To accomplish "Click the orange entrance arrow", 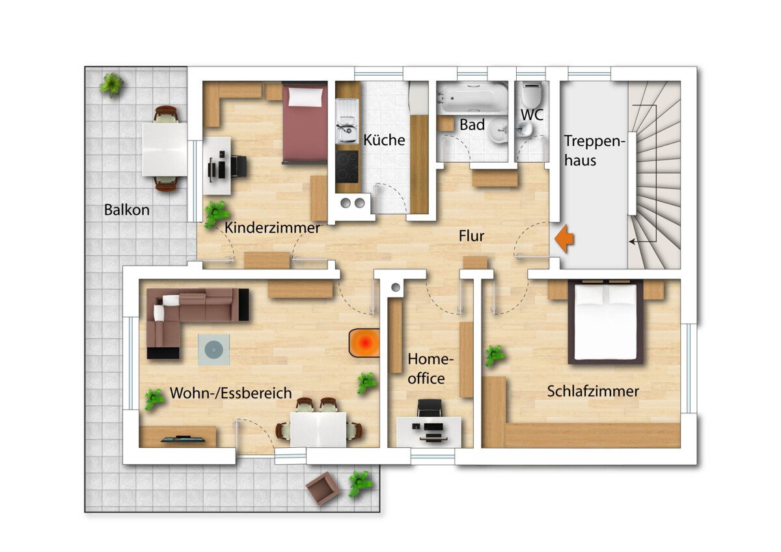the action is pyautogui.click(x=564, y=239).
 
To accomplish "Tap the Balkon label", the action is pyautogui.click(x=127, y=210).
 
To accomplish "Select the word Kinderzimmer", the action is pyautogui.click(x=272, y=228).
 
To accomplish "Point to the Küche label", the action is pyautogui.click(x=384, y=140).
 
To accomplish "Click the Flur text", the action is pyautogui.click(x=471, y=236).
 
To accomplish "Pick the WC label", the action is pyautogui.click(x=532, y=115).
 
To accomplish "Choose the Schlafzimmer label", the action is pyautogui.click(x=593, y=392).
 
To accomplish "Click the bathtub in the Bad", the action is pyautogui.click(x=473, y=98).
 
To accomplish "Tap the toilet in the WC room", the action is pyautogui.click(x=531, y=95).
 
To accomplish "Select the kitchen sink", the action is pyautogui.click(x=347, y=121).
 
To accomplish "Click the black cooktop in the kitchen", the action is pyautogui.click(x=347, y=167).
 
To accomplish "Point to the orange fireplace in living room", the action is pyautogui.click(x=364, y=343).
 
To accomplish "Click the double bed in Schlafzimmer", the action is pyautogui.click(x=606, y=322).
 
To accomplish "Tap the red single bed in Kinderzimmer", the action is pyautogui.click(x=305, y=123).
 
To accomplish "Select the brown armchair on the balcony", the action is pyautogui.click(x=323, y=488).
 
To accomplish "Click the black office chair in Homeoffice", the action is pyautogui.click(x=429, y=408).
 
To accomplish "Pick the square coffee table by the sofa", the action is pyautogui.click(x=213, y=350).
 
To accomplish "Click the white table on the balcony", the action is pyautogui.click(x=165, y=149).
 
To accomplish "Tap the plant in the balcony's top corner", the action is pyautogui.click(x=111, y=85).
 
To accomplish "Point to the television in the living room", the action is pyautogui.click(x=183, y=439).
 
